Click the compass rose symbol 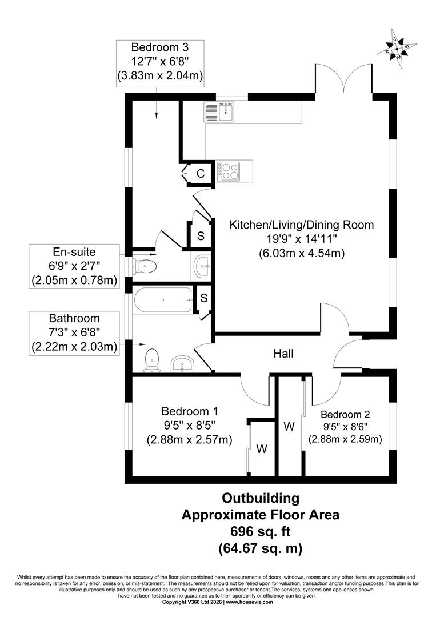397,49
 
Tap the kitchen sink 219,111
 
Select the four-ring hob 230,171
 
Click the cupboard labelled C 200,173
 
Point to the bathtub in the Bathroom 163,299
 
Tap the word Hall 284,354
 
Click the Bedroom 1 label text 189,411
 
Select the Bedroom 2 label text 345,414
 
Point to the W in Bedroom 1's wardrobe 262,448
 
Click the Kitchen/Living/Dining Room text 301,225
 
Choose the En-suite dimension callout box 74,266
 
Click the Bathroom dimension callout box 74,333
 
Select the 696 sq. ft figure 261,531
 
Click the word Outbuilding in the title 261,498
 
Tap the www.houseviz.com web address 249,602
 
